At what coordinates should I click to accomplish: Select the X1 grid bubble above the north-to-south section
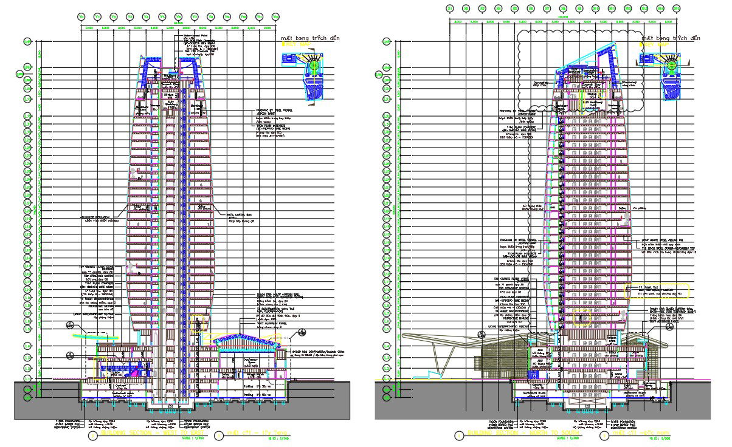coord(450,8)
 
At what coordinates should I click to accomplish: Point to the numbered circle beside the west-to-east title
coord(92,435)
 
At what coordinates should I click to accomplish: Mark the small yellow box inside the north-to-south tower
coord(588,315)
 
